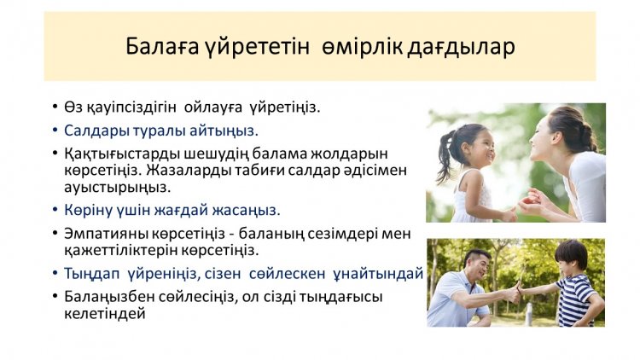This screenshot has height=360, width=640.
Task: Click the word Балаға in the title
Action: click(x=161, y=47)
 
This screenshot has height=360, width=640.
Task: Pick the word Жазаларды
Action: click(x=189, y=170)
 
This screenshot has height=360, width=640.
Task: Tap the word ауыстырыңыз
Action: click(x=117, y=188)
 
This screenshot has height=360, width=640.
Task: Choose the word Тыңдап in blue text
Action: click(x=91, y=274)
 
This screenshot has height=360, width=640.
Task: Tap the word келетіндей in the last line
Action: click(x=104, y=314)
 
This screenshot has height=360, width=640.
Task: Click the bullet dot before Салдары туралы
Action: click(x=55, y=131)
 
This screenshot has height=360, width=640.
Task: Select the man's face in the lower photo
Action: click(x=479, y=265)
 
